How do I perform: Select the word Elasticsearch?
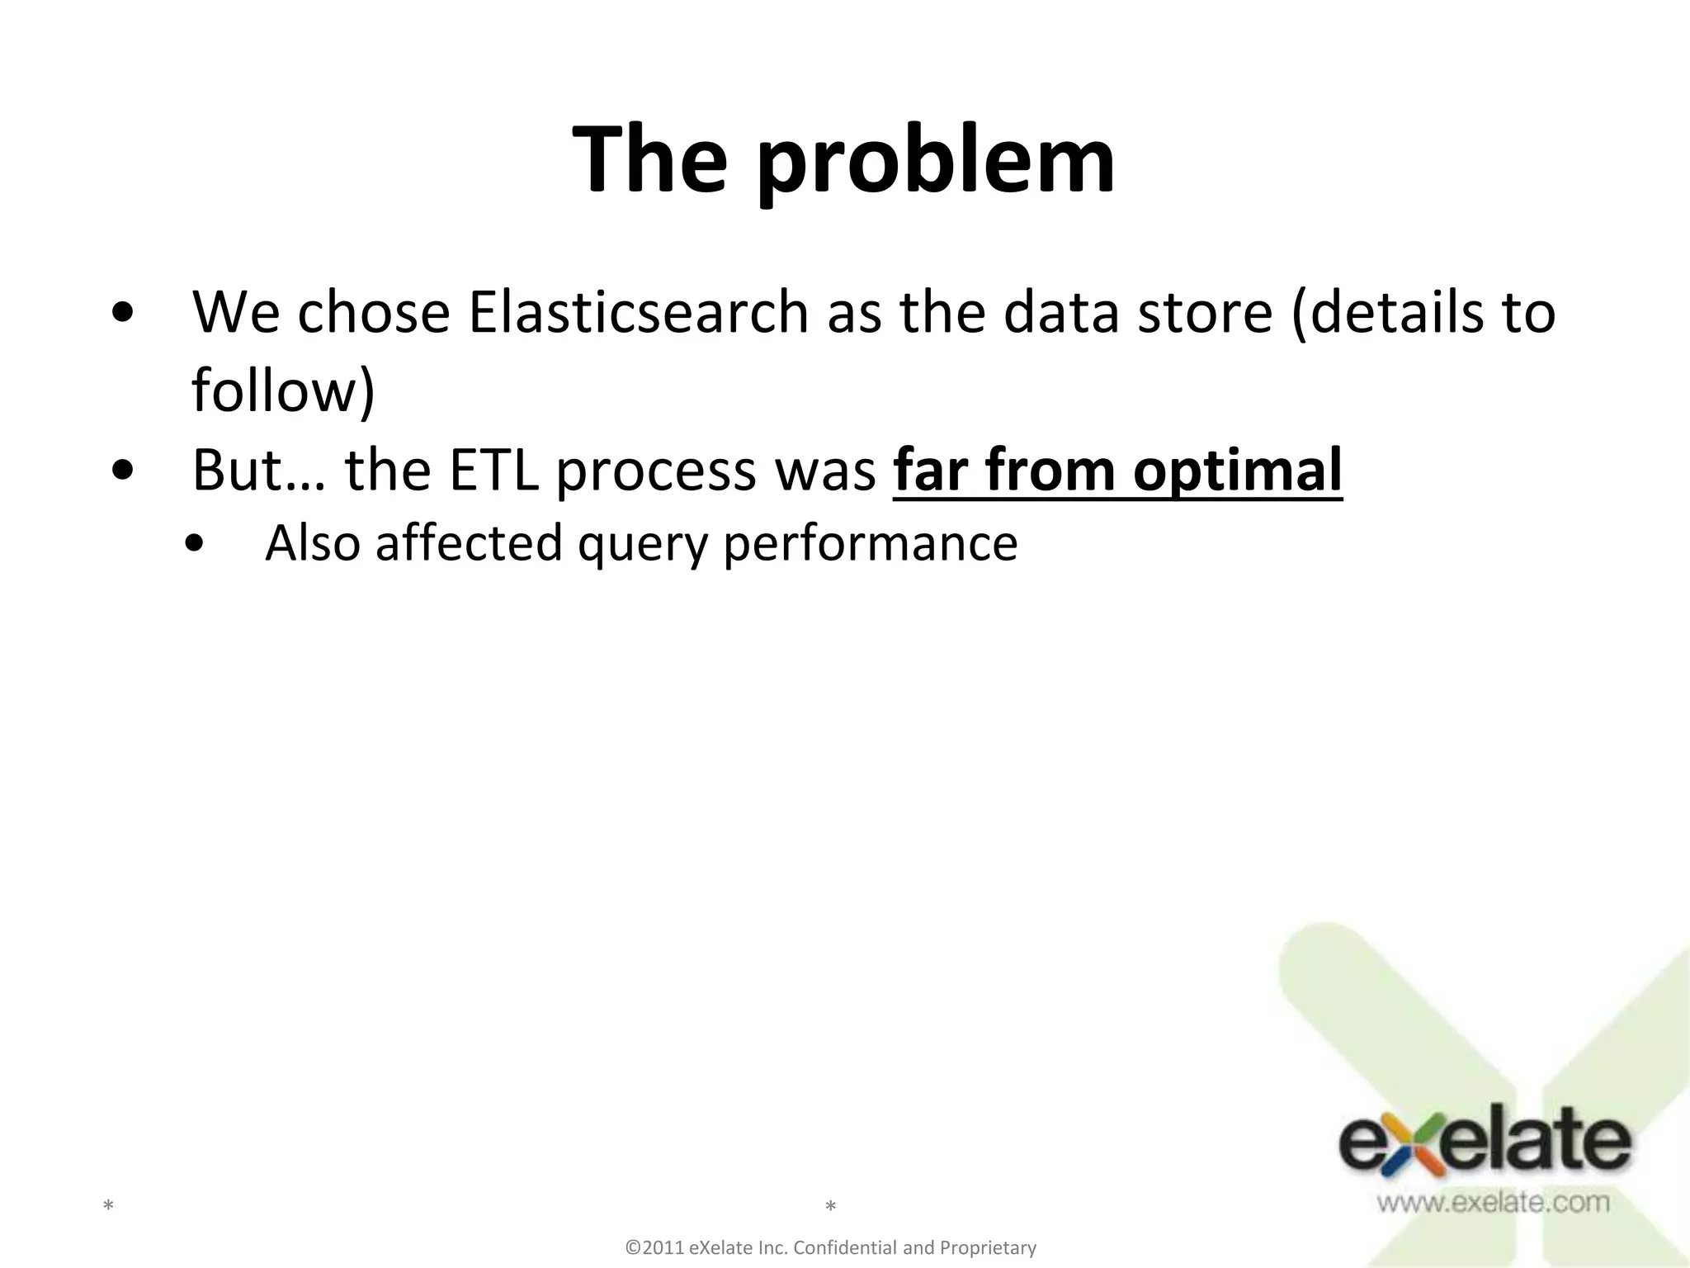click(x=639, y=313)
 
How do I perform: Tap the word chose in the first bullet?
click(x=374, y=313)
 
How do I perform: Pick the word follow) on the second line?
click(x=283, y=390)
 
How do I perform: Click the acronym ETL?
click(x=493, y=470)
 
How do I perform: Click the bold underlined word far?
click(x=932, y=470)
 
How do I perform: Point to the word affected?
click(x=469, y=543)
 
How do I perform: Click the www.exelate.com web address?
click(x=1492, y=1202)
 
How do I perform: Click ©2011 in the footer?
click(x=656, y=1247)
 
